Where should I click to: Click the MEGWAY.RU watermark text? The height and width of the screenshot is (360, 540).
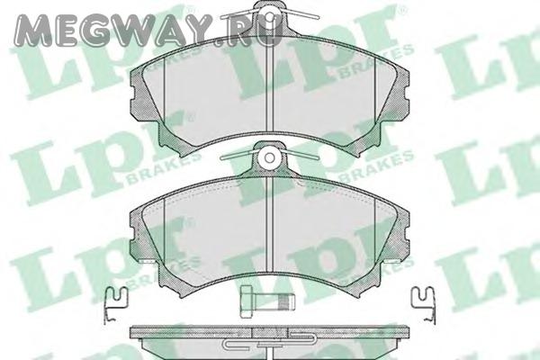click(149, 30)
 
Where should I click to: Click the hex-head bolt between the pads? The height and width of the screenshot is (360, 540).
click(267, 302)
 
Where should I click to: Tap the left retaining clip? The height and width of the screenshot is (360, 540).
click(115, 304)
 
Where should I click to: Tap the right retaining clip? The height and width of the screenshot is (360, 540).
click(424, 304)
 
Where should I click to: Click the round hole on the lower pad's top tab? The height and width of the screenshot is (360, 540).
click(270, 157)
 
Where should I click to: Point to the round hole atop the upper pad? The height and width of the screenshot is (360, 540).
click(270, 16)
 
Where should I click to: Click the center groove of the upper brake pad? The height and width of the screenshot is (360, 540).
click(270, 87)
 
